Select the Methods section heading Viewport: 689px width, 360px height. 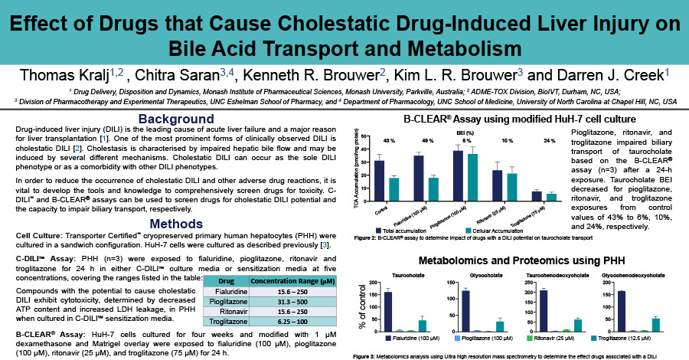[175, 223]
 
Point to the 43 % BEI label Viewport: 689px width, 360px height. [389, 141]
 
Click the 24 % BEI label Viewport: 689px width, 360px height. [549, 141]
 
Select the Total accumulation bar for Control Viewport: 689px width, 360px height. [380, 175]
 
